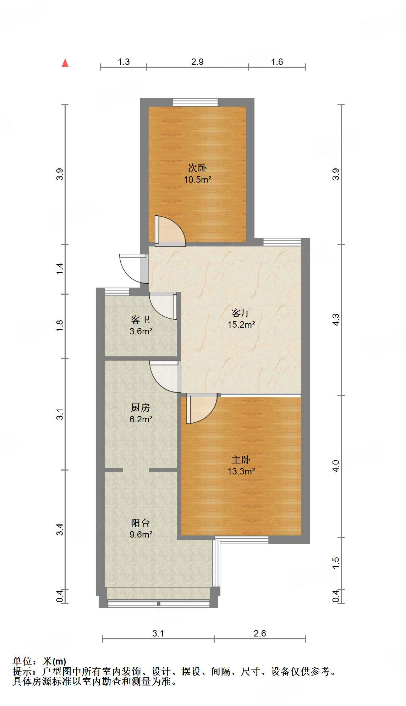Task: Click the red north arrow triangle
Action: tap(65, 63)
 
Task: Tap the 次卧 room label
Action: tap(197, 168)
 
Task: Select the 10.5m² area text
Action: tap(197, 179)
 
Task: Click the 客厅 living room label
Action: tap(241, 313)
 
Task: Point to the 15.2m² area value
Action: tap(241, 324)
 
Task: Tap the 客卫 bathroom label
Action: tap(141, 320)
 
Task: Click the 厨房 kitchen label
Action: tap(141, 407)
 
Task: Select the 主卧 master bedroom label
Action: tap(241, 460)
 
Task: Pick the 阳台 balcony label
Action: tap(141, 523)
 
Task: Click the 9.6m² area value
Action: tap(141, 534)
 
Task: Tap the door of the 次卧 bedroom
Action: tap(170, 231)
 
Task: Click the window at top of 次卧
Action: tap(196, 102)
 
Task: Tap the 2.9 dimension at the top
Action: tap(197, 62)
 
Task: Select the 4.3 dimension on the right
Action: tap(336, 319)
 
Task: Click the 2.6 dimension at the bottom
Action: tap(260, 633)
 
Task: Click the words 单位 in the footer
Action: tap(22, 661)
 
